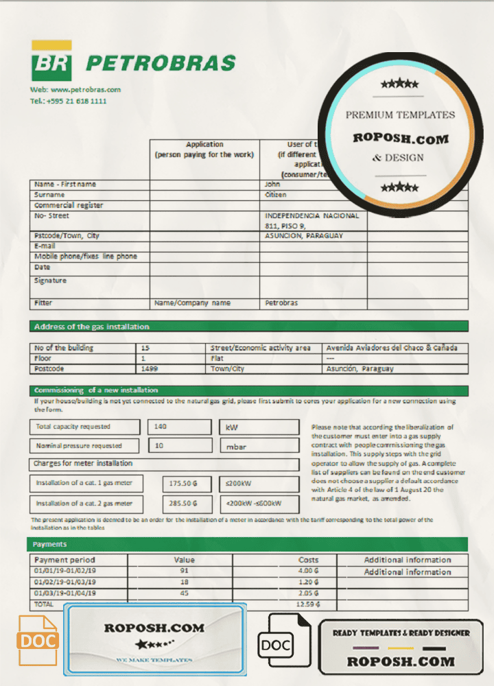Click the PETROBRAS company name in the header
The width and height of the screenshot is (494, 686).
[161, 63]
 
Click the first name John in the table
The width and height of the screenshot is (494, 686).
[272, 184]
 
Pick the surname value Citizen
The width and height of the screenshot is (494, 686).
[276, 195]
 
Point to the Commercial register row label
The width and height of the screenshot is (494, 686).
[69, 205]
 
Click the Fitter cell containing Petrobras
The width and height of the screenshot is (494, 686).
[281, 303]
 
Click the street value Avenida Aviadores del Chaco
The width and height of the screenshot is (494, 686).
[392, 348]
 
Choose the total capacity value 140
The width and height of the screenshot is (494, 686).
[160, 427]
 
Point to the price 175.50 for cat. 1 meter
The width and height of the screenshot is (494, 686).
[183, 484]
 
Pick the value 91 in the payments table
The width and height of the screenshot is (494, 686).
[184, 570]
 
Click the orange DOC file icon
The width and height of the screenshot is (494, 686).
[38, 641]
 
